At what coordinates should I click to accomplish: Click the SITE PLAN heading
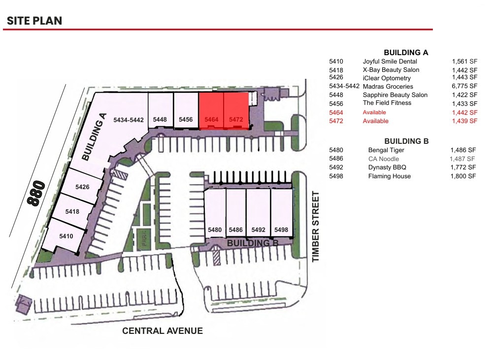tap(34, 21)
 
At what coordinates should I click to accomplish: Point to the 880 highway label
tap(37, 193)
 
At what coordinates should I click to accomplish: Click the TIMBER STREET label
tap(316, 227)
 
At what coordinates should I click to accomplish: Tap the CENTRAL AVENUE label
tap(162, 330)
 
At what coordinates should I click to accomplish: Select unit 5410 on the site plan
tap(66, 236)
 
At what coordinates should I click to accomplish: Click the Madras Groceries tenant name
tap(388, 87)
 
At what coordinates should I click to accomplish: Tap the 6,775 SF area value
tap(464, 87)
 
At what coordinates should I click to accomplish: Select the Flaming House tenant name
tap(389, 176)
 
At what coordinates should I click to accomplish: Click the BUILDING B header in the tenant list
tap(406, 141)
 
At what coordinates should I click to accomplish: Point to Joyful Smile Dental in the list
tap(390, 62)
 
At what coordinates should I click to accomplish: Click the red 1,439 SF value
tap(464, 121)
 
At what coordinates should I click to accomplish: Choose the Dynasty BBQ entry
tap(387, 167)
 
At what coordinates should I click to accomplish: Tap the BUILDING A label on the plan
tap(95, 137)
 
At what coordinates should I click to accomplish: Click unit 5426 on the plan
tap(82, 187)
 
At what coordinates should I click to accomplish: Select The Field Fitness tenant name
tap(387, 103)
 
